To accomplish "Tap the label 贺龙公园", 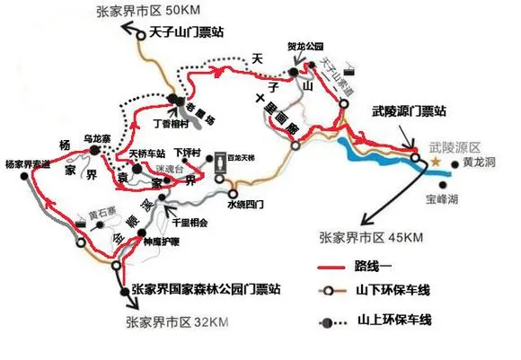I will (x=305, y=45).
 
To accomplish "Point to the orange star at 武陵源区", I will (x=437, y=162).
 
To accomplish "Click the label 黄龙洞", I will (x=480, y=163).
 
